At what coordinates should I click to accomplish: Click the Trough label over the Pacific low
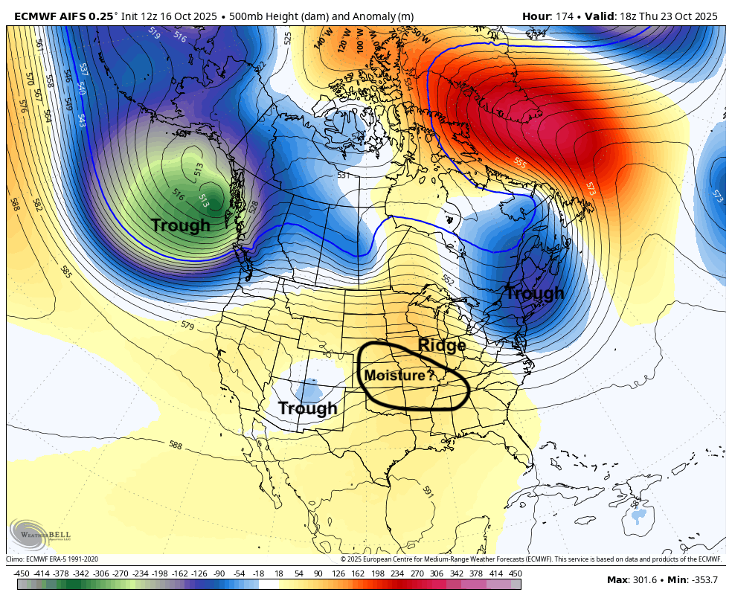click(x=181, y=225)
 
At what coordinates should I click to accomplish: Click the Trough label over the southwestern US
click(x=307, y=408)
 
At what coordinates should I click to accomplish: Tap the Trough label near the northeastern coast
click(x=535, y=294)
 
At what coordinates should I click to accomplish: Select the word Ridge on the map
click(x=442, y=345)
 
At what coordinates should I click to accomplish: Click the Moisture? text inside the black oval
click(x=399, y=376)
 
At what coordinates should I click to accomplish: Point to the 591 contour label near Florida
click(x=428, y=492)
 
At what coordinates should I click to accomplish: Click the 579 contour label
click(x=187, y=326)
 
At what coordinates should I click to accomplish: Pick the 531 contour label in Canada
click(x=343, y=176)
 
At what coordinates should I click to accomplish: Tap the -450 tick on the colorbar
click(x=21, y=573)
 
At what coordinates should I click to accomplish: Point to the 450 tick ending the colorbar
click(x=515, y=573)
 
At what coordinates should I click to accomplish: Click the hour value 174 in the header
click(x=563, y=16)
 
